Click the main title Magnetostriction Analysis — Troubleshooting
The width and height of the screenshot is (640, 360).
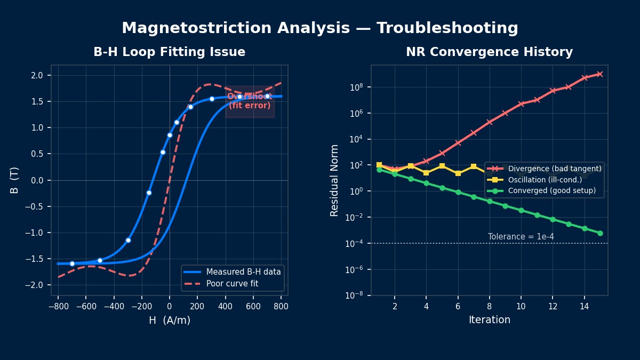coord(319,28)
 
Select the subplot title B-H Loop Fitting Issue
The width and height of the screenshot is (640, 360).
coord(169,52)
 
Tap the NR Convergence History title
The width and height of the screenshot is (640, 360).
coord(489,52)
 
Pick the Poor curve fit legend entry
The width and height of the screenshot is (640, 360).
coord(232,284)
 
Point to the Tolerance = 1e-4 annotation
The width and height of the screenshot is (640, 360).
coord(521,237)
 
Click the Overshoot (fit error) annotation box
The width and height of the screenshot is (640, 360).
coord(250,101)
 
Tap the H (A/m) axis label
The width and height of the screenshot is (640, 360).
coord(169,321)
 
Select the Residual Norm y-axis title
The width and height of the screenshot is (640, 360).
coord(334,180)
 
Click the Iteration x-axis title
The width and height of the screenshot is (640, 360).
coord(489,320)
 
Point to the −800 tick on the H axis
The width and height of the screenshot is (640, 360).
coord(58,307)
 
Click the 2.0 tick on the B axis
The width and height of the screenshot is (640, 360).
coord(37,76)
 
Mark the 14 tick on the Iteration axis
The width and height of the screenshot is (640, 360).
coord(584,307)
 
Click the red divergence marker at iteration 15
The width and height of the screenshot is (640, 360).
coord(600,74)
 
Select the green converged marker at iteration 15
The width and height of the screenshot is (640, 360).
coord(600,233)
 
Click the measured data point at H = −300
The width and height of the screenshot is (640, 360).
coord(128,240)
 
